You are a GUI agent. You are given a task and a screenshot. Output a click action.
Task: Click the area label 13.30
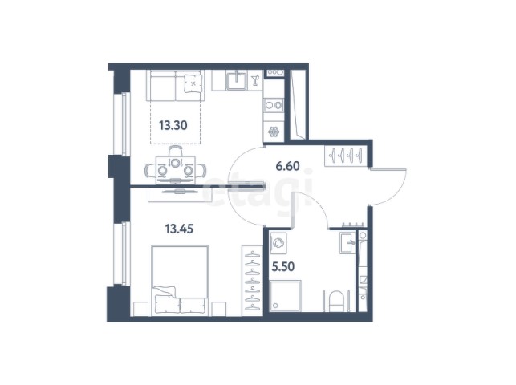(173, 125)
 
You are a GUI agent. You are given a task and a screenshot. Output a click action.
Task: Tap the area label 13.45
(179, 229)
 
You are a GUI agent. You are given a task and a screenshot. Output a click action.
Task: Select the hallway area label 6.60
(287, 166)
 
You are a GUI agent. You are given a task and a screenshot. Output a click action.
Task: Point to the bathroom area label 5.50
(283, 266)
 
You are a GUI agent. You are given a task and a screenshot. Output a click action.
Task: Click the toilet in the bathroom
(336, 301)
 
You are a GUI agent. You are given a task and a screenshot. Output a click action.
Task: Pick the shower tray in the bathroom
(285, 296)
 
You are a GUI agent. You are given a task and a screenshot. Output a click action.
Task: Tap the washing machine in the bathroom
(278, 243)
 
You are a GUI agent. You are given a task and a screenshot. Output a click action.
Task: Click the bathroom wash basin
(347, 243)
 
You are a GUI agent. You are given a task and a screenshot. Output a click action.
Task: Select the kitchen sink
(236, 80)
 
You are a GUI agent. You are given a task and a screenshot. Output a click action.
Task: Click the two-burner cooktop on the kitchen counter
(274, 105)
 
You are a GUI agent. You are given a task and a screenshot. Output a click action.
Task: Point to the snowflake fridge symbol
(274, 132)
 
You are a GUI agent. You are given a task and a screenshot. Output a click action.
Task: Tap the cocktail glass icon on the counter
(255, 80)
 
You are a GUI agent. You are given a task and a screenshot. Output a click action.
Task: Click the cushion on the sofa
(193, 83)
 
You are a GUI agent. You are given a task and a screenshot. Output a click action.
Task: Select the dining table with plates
(176, 170)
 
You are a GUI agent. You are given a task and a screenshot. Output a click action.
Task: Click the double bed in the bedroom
(180, 281)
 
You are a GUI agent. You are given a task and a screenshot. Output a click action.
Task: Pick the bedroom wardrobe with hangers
(252, 281)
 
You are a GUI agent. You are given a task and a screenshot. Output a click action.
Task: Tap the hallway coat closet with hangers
(346, 156)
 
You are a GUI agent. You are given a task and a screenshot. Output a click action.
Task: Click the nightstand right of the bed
(219, 309)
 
